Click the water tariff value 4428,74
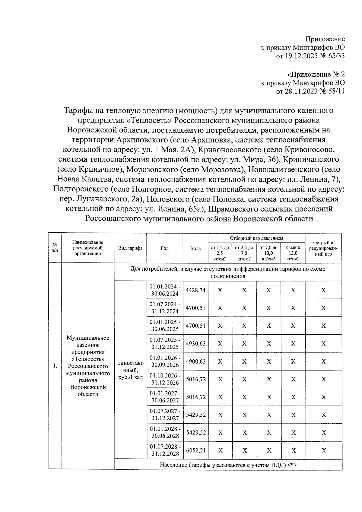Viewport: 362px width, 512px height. (x=195, y=290)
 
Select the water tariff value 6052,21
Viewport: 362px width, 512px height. (x=196, y=450)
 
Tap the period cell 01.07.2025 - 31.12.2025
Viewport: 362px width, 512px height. (x=165, y=344)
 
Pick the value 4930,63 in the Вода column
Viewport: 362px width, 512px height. (x=195, y=344)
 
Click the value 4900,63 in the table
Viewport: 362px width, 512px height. (x=195, y=361)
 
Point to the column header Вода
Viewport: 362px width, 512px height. (x=195, y=248)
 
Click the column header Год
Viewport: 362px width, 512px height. (x=165, y=248)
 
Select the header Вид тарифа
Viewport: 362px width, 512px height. (x=130, y=248)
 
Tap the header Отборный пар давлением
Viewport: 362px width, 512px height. (x=256, y=238)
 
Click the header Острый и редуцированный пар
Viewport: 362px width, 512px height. (x=323, y=248)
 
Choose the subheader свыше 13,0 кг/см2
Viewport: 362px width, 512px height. (x=293, y=253)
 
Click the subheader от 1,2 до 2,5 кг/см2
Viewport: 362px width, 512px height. (x=220, y=253)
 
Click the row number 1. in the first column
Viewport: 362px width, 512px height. (x=55, y=366)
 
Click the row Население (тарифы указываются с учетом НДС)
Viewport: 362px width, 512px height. (x=228, y=465)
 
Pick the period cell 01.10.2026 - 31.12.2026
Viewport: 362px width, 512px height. (x=165, y=379)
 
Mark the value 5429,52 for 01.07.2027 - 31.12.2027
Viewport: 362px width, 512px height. (x=196, y=415)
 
